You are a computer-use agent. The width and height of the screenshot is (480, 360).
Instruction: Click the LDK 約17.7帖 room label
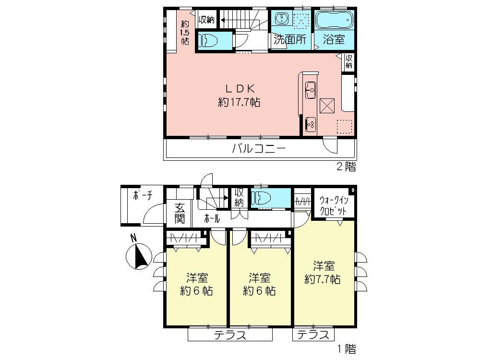(239, 95)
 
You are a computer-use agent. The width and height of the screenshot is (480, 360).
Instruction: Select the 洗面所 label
(290, 40)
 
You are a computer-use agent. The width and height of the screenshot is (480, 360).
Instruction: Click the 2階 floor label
(346, 167)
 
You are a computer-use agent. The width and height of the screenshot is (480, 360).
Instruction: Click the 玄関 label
(180, 214)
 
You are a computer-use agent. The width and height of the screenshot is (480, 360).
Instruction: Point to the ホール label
(212, 218)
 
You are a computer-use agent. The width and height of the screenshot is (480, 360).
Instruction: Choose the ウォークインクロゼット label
(334, 205)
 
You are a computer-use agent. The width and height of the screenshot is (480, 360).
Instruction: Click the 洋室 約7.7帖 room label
(323, 272)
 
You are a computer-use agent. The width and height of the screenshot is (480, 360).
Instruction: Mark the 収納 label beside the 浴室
(349, 61)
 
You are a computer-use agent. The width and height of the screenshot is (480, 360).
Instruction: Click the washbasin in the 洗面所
(281, 20)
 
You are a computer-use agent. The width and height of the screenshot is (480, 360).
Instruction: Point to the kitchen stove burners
(311, 123)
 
